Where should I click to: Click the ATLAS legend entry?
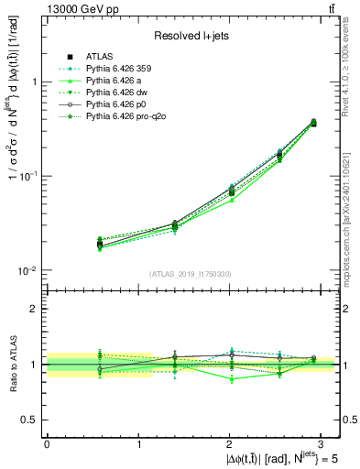pos(99,57)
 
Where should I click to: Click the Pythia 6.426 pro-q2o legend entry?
pos(121,117)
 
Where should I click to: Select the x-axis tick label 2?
pos(229,442)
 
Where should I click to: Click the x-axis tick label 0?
pos(47,442)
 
